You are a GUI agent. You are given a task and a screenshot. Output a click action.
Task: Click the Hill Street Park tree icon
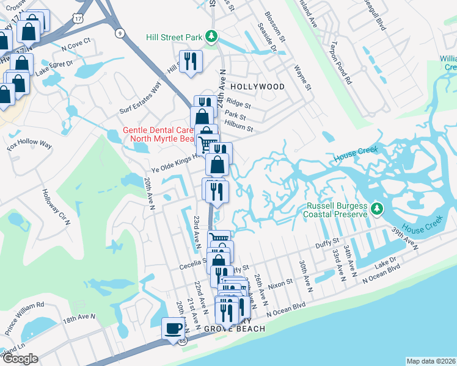click(211, 37)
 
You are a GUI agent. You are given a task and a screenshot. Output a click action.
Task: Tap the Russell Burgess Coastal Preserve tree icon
click(377, 209)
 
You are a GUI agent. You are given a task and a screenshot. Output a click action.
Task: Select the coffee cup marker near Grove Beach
click(173, 328)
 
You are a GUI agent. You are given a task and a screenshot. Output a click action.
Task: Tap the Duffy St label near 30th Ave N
click(327, 243)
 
